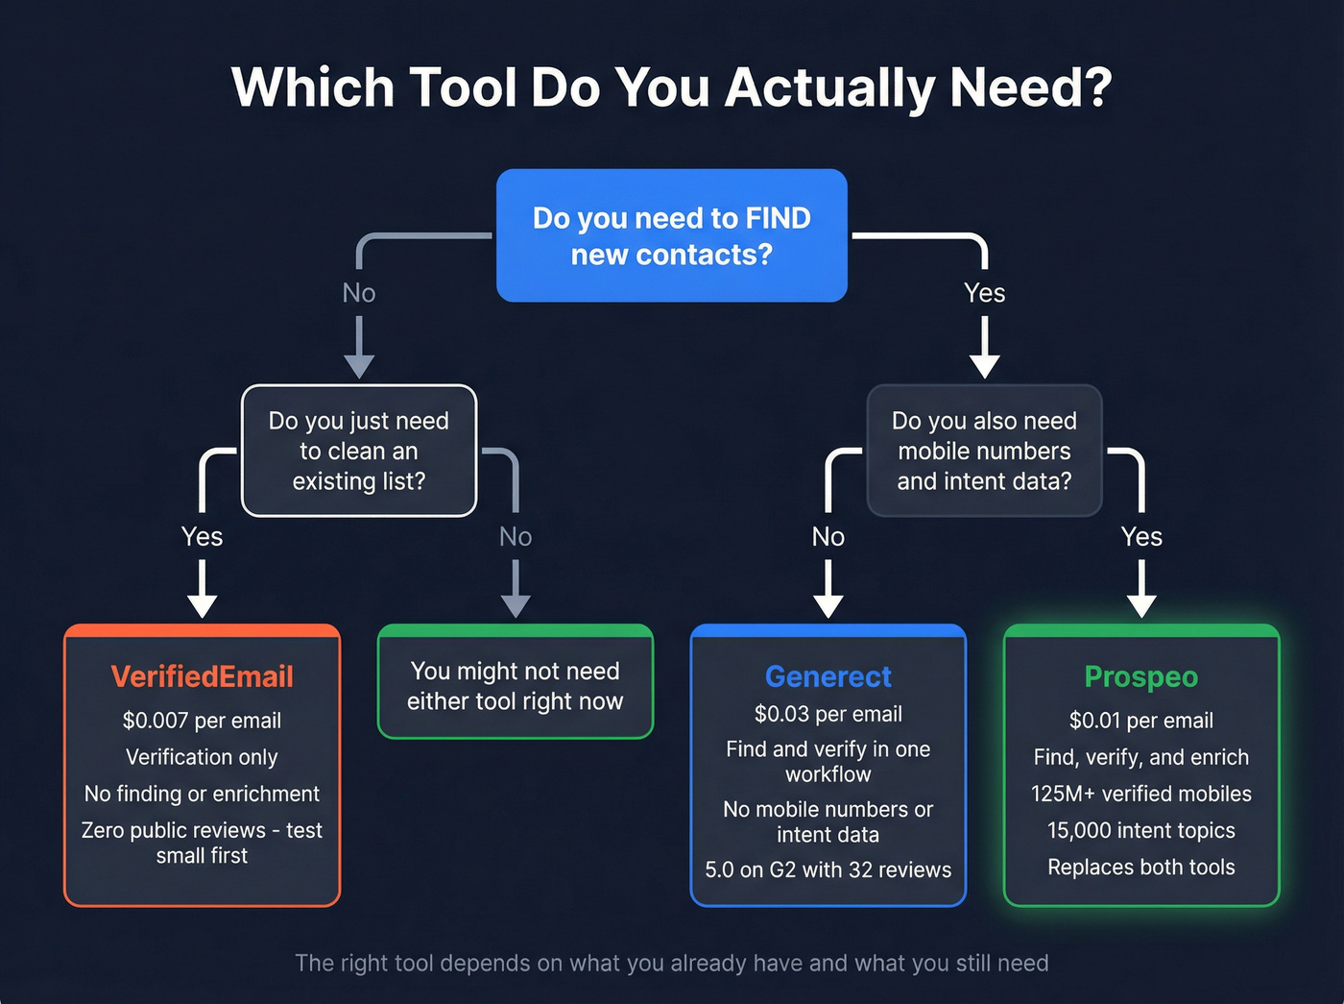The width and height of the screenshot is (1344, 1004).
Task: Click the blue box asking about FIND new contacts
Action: [671, 235]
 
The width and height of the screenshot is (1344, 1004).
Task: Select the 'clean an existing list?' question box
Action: [359, 451]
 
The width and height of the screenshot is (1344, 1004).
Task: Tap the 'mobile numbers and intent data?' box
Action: [984, 451]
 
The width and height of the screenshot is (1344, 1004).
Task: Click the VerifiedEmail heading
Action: [202, 676]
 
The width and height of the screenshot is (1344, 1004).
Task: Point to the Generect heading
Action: [828, 676]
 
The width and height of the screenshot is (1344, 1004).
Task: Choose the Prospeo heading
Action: [1140, 676]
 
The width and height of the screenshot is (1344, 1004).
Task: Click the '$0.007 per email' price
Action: [202, 721]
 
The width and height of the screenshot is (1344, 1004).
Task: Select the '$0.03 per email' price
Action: [828, 714]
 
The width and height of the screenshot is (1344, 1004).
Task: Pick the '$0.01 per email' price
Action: [1140, 721]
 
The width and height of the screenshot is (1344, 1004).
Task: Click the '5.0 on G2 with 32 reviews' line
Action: [828, 869]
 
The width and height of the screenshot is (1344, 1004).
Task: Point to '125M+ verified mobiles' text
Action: [1140, 794]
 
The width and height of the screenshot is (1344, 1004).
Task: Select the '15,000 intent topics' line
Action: [1140, 830]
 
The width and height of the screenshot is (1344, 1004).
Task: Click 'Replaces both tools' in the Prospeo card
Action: [1140, 867]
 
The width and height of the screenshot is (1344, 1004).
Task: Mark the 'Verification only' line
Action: [202, 757]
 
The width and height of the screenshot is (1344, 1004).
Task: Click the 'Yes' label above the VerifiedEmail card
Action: [202, 536]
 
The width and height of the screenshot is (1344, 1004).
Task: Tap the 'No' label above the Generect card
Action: [828, 536]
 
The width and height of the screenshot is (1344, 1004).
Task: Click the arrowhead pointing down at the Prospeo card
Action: [1140, 605]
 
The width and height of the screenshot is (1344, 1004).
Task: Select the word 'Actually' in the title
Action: [829, 87]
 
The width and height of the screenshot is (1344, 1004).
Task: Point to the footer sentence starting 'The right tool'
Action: [671, 963]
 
